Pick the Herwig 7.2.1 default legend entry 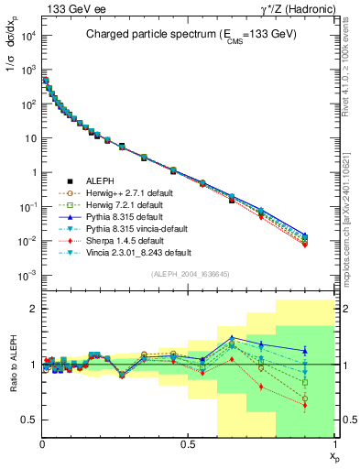pos(134,204)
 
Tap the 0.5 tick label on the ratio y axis pos(28,420)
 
